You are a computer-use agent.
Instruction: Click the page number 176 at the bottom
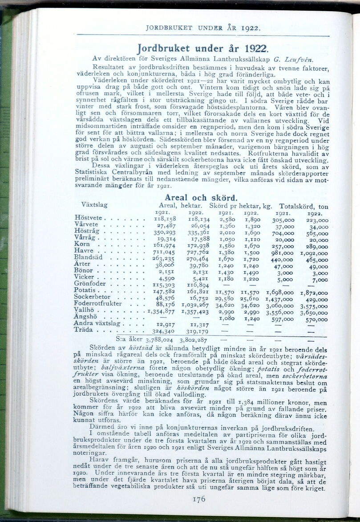198,499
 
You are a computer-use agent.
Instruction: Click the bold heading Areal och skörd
201,197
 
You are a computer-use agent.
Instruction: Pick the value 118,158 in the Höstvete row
164,219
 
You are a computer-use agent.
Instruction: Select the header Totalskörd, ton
303,206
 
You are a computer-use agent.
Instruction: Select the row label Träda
83,330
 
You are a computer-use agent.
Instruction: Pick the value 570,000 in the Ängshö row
316,319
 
